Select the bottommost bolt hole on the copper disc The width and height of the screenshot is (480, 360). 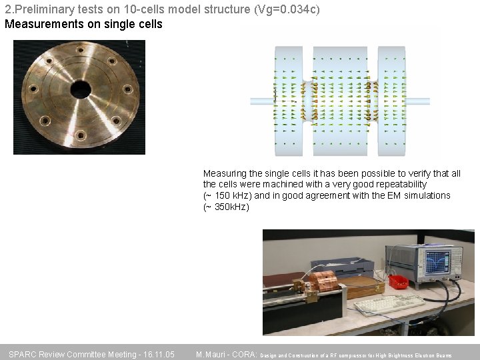(81, 135)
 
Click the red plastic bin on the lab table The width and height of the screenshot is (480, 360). (399, 282)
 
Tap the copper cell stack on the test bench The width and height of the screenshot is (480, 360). (324, 282)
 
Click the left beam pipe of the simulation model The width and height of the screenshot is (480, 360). (261, 101)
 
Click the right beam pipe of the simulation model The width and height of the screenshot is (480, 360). (418, 101)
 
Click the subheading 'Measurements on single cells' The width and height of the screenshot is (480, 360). (83, 24)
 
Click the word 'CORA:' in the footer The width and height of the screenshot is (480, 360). (244, 354)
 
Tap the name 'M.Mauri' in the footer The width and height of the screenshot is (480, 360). (211, 354)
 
